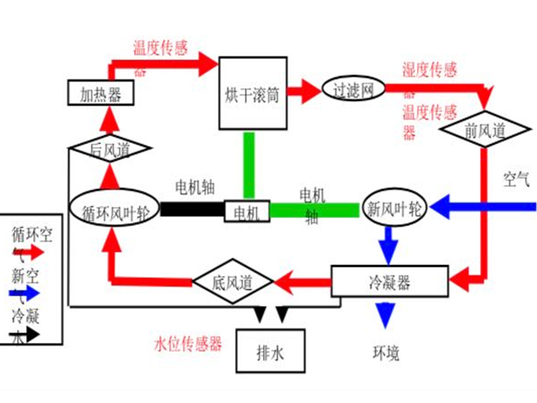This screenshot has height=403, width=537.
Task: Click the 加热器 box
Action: pos(100,92)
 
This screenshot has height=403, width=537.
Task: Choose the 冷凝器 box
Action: pos(388,281)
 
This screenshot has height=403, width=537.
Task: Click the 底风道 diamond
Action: pos(231,282)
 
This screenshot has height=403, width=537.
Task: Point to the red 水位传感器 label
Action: pos(188,342)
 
